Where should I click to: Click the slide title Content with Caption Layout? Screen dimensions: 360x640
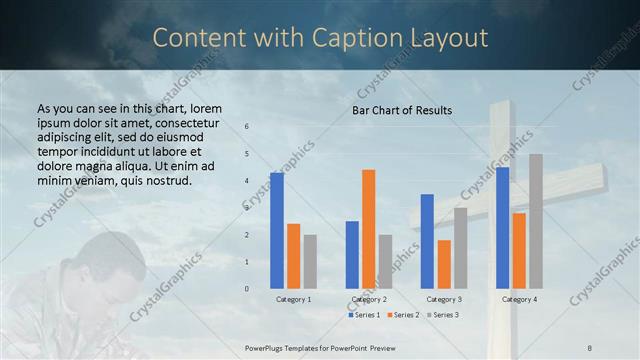(320, 38)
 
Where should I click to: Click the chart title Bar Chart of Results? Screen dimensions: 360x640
(402, 110)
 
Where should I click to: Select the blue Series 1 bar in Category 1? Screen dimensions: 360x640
(277, 230)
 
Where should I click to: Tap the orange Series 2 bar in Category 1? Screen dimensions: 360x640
(293, 256)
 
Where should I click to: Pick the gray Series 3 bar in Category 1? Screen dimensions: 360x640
(310, 261)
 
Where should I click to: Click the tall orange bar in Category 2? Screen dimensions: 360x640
(369, 229)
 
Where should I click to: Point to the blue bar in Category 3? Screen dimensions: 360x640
(427, 241)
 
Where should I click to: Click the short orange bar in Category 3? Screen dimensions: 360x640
(444, 264)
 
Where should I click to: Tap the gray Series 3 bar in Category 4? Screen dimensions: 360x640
(536, 221)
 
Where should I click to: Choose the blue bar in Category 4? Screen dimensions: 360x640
(502, 227)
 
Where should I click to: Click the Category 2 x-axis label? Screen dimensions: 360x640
(369, 299)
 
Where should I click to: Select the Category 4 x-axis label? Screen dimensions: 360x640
(519, 299)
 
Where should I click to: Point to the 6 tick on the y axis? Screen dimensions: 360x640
(247, 127)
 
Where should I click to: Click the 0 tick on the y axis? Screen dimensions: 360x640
(247, 289)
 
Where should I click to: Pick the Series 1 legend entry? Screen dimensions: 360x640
(364, 315)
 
